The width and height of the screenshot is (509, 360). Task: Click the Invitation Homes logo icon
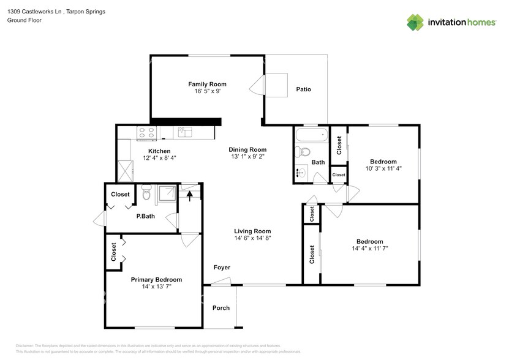pyautogui.click(x=415, y=22)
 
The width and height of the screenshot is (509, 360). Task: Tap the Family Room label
pyautogui.click(x=207, y=84)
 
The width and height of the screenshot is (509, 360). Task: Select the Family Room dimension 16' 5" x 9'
pyautogui.click(x=207, y=91)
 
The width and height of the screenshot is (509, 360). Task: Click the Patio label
pyautogui.click(x=304, y=89)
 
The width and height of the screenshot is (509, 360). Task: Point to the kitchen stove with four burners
pyautogui.click(x=146, y=132)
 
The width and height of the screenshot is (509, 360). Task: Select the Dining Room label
pyautogui.click(x=247, y=149)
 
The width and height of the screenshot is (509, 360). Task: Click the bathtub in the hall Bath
pyautogui.click(x=311, y=134)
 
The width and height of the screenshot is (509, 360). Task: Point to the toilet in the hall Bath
pyautogui.click(x=304, y=152)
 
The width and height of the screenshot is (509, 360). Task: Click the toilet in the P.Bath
pyautogui.click(x=146, y=193)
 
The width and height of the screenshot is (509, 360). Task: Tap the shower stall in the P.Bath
pyautogui.click(x=167, y=193)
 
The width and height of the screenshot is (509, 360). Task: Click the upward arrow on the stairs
pyautogui.click(x=190, y=196)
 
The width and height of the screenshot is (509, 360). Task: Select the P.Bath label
pyautogui.click(x=145, y=216)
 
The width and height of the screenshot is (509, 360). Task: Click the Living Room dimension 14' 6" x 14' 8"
pyautogui.click(x=252, y=238)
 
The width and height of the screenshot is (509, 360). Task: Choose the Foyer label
pyautogui.click(x=222, y=268)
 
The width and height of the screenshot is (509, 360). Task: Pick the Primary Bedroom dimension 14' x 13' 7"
pyautogui.click(x=156, y=287)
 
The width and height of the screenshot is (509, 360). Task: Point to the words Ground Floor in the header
pyautogui.click(x=25, y=20)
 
